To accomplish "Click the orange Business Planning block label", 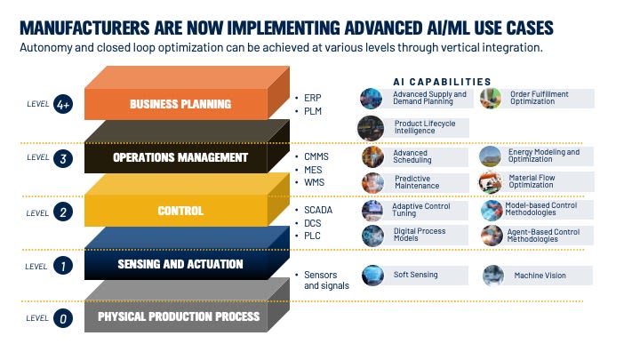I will click(180, 104).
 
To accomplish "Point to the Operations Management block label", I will click(180, 157).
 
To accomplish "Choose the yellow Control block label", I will click(180, 211).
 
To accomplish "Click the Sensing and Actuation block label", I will click(180, 264).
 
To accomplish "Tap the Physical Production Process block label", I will click(180, 316).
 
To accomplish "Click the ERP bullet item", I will click(313, 96).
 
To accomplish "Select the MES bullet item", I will click(314, 169).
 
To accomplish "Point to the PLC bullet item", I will click(313, 236).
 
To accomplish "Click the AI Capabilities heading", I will click(442, 80).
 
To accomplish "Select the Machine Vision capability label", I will click(540, 276).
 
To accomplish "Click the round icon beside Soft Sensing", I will click(372, 276).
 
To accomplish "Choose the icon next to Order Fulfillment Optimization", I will click(490, 99).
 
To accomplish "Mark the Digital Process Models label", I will click(420, 235).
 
